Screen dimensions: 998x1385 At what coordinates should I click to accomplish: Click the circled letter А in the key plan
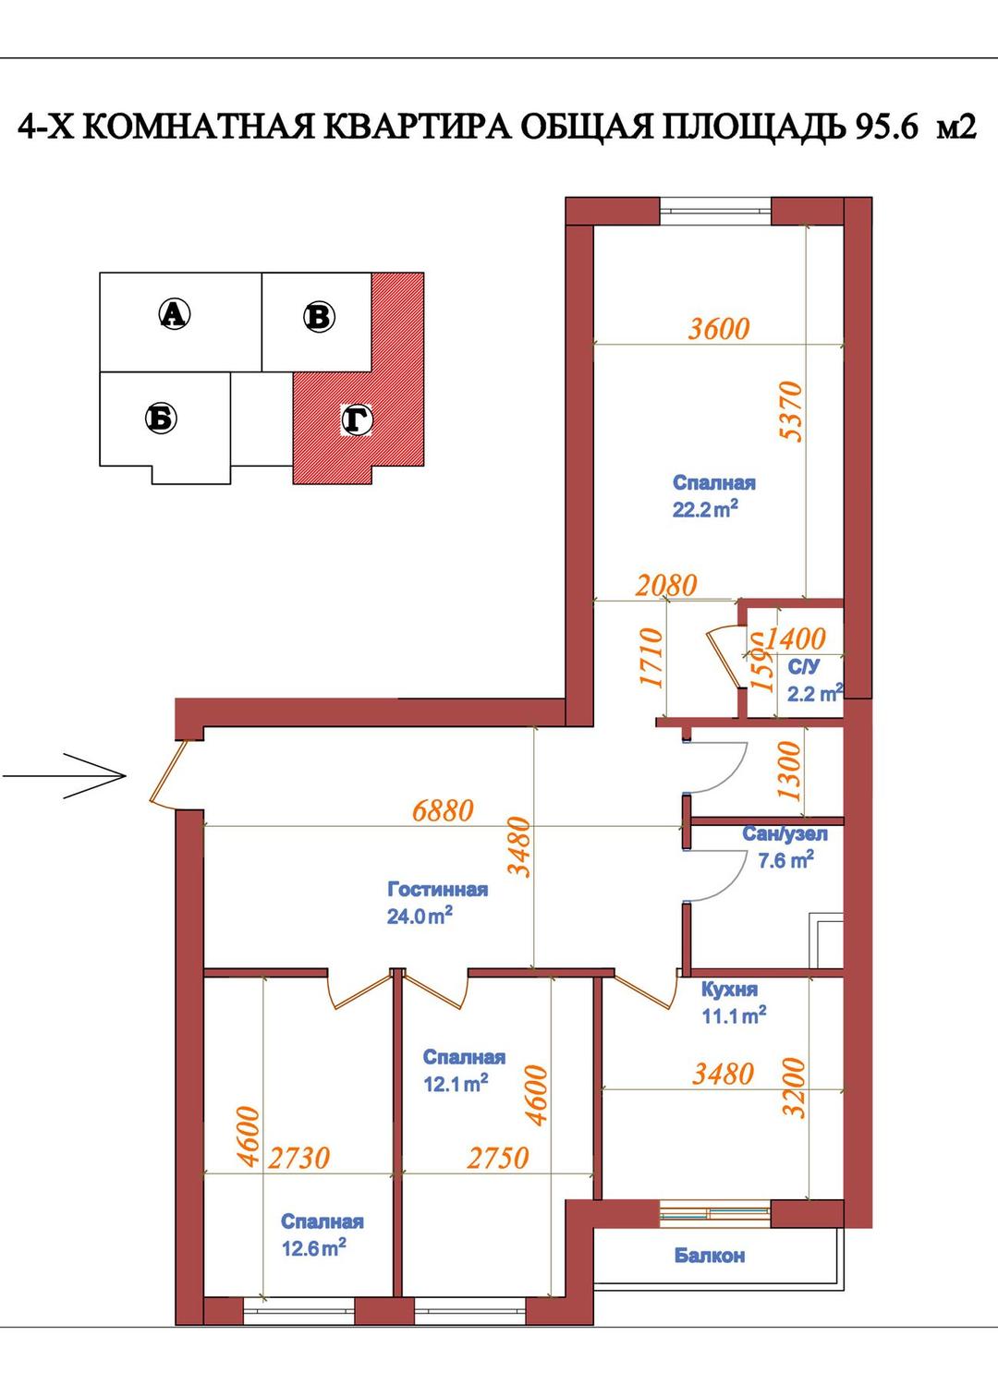point(175,313)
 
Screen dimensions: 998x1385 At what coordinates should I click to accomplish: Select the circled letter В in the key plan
point(319,317)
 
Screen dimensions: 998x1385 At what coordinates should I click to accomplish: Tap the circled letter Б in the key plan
point(161,418)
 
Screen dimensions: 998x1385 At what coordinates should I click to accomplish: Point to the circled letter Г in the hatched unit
point(358,420)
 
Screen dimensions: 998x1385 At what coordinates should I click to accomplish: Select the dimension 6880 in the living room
point(443,810)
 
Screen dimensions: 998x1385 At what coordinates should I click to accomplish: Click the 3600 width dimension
point(719,329)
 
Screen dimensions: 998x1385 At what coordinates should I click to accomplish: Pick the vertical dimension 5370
point(791,411)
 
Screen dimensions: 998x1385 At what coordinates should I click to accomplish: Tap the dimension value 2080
point(666,585)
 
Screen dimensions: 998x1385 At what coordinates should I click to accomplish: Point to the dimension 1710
point(651,657)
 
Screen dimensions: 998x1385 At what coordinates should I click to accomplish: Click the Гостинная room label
point(438,890)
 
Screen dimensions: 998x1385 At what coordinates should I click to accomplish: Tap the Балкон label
point(710,1256)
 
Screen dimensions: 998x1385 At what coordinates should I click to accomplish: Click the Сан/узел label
point(785,834)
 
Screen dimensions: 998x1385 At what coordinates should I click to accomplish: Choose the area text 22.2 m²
point(705,509)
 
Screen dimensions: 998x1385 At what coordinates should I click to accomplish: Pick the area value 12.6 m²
point(313,1247)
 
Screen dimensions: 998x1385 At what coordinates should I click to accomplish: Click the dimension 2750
point(498,1158)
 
